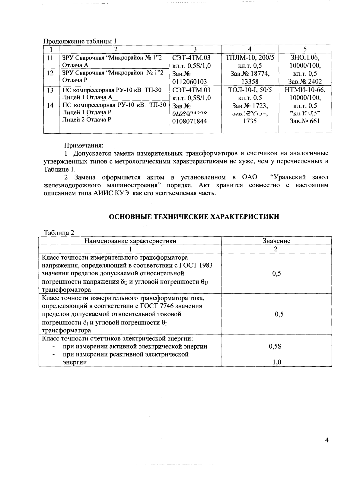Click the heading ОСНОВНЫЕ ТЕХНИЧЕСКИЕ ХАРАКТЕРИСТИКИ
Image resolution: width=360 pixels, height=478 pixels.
tap(194, 217)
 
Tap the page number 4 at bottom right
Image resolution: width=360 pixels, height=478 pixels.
tap(327, 440)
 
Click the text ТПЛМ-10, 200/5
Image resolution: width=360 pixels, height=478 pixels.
tap(250, 58)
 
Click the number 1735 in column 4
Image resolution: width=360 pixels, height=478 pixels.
tap(250, 121)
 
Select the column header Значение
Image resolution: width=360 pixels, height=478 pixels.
tap(276, 241)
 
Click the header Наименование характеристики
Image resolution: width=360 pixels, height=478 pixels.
tap(130, 241)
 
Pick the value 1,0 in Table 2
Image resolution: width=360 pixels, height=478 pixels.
tap(277, 362)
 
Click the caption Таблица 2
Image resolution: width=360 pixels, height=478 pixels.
tap(59, 233)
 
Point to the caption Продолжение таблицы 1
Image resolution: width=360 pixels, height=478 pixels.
tap(80, 41)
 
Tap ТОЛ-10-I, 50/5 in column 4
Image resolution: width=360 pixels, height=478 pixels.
tap(250, 90)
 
